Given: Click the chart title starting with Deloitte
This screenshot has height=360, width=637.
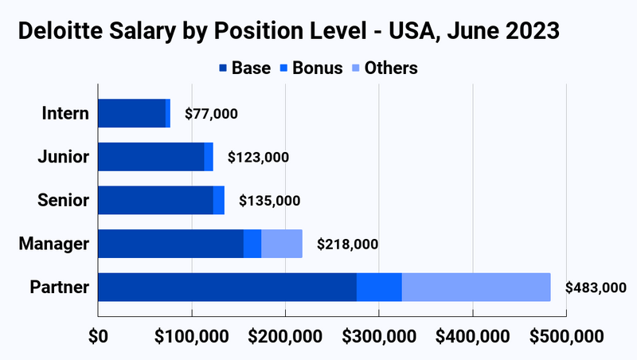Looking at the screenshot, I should tap(289, 32).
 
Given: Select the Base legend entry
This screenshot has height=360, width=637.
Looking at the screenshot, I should tap(244, 68).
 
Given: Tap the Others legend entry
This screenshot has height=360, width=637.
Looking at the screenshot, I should tap(384, 68).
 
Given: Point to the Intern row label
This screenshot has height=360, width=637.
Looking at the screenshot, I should tap(65, 114).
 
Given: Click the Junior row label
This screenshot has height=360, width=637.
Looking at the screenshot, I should tap(64, 157).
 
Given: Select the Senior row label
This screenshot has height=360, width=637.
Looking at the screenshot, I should tap(64, 200).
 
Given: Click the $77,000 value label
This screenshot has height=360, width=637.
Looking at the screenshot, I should tap(211, 114).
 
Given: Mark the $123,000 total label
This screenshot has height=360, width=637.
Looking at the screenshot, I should tap(258, 157).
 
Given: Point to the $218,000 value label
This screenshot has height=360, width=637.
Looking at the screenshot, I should tap(347, 244).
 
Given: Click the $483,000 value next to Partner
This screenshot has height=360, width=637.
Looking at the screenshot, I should tap(596, 288).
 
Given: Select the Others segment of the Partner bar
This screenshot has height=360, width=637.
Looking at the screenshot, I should tap(475, 287).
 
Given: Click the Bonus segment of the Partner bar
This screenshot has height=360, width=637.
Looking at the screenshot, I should tap(379, 287).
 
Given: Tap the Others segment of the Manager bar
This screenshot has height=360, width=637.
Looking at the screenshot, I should tap(282, 244).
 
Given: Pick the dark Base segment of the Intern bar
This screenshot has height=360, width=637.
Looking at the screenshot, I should tap(131, 114).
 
